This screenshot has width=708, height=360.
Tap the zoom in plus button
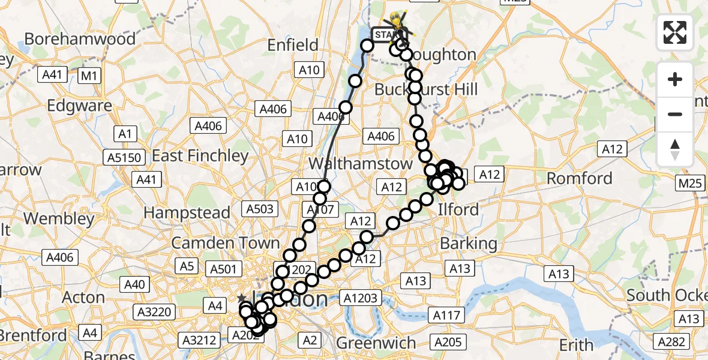click(x=675, y=79)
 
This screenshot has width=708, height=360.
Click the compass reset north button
click(x=675, y=149)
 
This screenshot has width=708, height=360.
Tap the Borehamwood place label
click(x=80, y=39)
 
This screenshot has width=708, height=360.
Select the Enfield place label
click(x=292, y=45)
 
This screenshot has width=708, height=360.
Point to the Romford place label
click(x=580, y=178)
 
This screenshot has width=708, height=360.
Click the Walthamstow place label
click(x=361, y=163)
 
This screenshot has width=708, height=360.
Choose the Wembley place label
click(x=61, y=218)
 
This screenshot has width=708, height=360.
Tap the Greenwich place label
click(x=376, y=343)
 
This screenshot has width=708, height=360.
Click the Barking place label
click(x=469, y=243)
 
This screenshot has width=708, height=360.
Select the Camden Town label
click(x=226, y=243)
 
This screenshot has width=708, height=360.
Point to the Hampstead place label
click(x=187, y=213)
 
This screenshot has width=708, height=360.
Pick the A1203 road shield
click(x=360, y=298)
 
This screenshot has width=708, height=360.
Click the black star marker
click(x=241, y=298)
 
